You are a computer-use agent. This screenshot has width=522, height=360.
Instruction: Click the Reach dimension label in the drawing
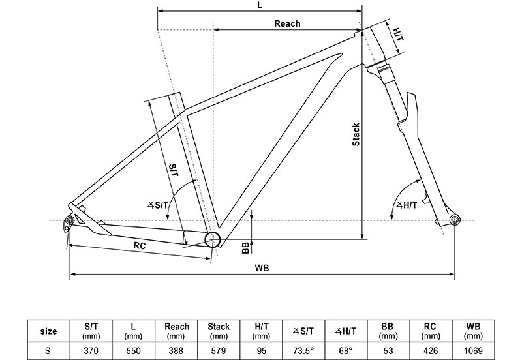287,24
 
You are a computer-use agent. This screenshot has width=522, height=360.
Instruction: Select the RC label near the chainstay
139,246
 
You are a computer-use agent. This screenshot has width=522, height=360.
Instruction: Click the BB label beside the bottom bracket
245,247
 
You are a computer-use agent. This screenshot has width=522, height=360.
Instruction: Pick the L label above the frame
260,5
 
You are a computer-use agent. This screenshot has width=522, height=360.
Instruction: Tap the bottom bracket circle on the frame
212,239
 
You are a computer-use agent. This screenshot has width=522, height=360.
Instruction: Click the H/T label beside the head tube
399,33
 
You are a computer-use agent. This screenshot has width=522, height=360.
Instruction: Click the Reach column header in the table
177,331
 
